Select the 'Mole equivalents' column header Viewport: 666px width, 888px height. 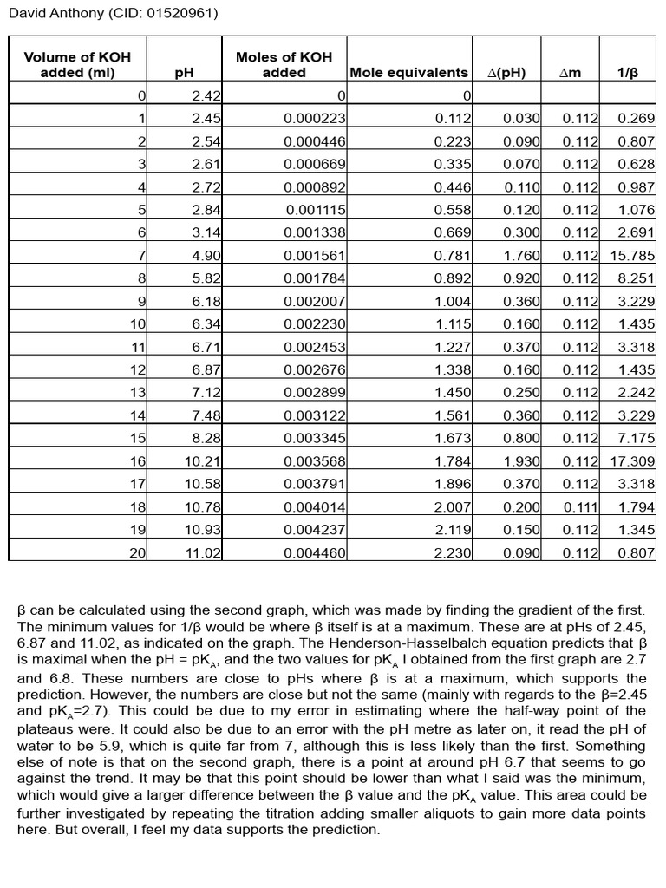click(x=408, y=73)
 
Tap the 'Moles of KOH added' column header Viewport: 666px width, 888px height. click(x=284, y=65)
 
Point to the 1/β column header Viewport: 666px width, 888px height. click(x=627, y=73)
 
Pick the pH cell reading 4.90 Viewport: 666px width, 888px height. click(x=206, y=256)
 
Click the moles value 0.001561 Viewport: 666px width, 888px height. click(x=315, y=256)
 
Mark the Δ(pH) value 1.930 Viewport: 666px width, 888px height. click(x=521, y=461)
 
